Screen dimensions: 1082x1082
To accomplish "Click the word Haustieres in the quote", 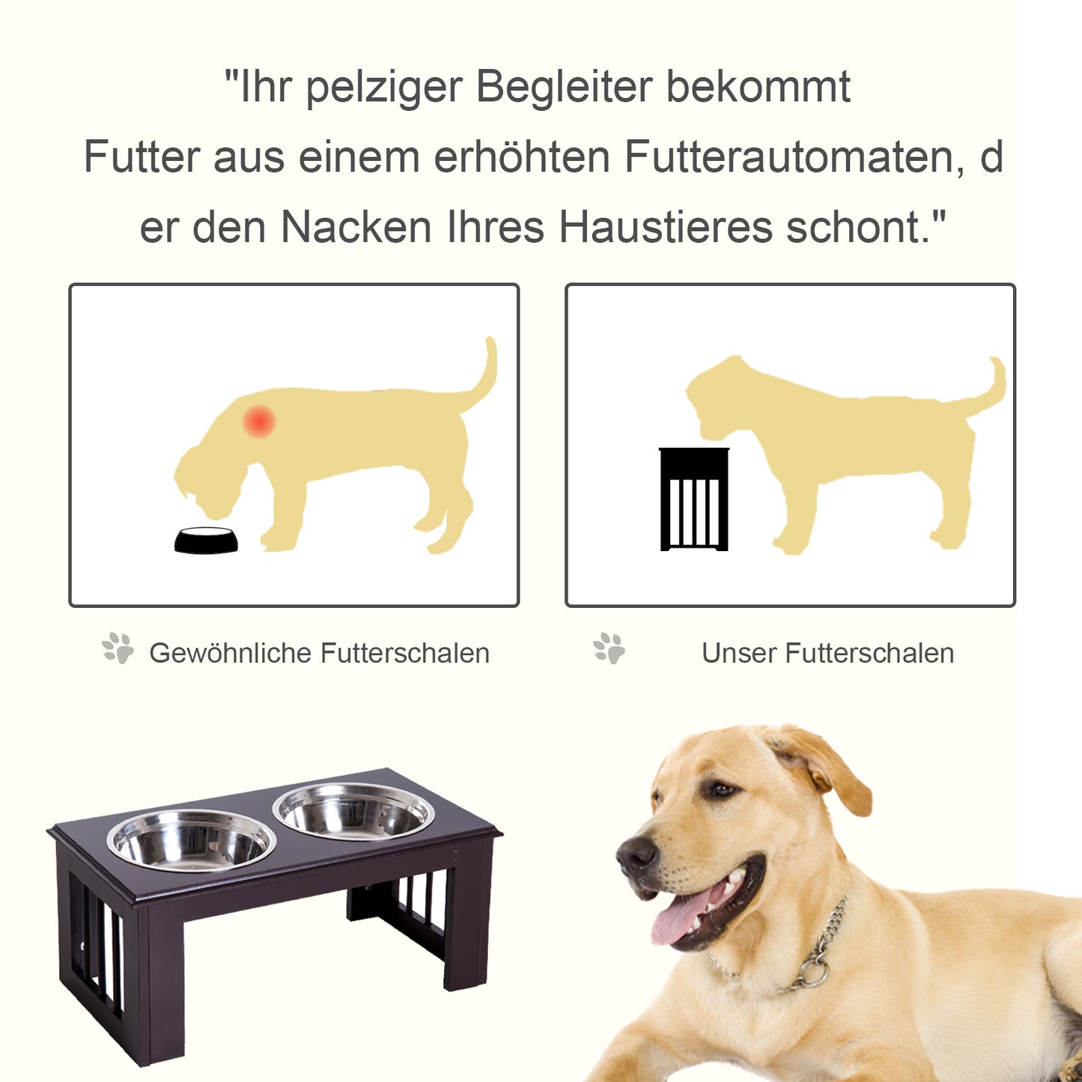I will coord(665,227).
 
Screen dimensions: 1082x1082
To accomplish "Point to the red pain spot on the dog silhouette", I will coord(259,422).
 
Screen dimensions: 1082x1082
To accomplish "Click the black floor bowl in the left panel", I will coord(206,541).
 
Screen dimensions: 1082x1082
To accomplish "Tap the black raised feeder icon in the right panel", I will coord(694,499).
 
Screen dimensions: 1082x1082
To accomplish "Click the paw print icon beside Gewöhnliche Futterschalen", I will coord(118,648).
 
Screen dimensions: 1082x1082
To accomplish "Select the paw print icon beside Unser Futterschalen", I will coord(609,648).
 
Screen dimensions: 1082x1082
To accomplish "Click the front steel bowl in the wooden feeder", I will coord(192,841).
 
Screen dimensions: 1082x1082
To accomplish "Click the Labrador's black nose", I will coord(636,853).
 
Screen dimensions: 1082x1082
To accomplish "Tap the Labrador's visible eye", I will coord(722,789).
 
